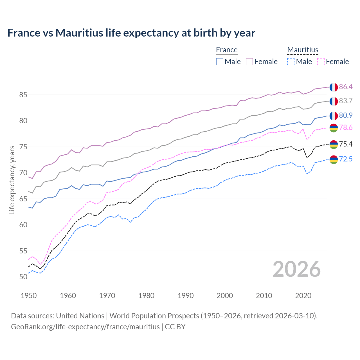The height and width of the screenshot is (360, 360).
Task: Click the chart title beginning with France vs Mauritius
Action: point(131,33)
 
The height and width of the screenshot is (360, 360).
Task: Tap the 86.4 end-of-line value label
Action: point(346,87)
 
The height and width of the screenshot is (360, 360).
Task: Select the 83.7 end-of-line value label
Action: point(346,101)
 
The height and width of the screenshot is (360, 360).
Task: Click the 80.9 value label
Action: point(346,115)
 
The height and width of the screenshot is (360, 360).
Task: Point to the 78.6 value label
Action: point(346,128)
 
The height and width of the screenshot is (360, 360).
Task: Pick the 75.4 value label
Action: point(346,144)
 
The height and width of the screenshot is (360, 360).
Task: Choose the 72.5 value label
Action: point(346,159)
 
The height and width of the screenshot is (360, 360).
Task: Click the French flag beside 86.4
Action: point(334,87)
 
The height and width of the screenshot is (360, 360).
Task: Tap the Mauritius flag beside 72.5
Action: point(334,159)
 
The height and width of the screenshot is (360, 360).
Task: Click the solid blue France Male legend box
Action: point(220,62)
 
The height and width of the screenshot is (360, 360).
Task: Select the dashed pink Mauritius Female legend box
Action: point(321,62)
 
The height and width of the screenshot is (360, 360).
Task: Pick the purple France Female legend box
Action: point(249,62)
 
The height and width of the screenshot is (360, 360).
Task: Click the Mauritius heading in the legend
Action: point(303,50)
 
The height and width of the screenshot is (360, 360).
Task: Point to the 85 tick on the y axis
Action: point(23,95)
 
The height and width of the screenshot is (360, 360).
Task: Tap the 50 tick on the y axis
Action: point(23,277)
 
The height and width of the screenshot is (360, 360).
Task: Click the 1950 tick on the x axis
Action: point(29,296)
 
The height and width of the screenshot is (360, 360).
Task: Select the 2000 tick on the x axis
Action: point(225,296)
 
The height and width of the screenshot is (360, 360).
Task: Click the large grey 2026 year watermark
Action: point(296,269)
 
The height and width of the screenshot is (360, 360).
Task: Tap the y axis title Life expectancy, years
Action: point(12,180)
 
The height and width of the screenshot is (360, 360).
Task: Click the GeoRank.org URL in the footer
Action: point(85,327)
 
